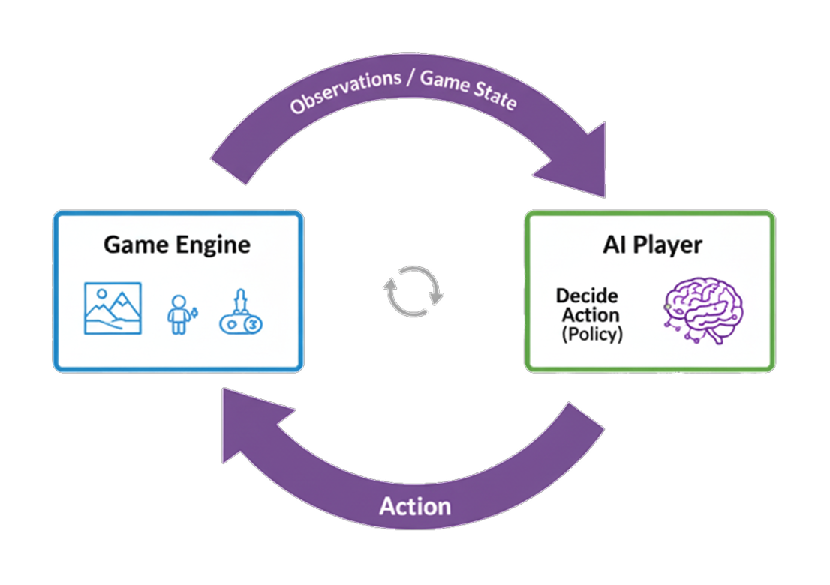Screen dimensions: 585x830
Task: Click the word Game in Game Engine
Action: [134, 245]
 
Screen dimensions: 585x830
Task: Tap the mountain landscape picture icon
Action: [113, 307]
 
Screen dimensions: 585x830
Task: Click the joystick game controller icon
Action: [243, 312]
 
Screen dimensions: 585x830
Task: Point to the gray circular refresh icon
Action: [414, 290]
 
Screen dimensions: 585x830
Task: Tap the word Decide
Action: [587, 295]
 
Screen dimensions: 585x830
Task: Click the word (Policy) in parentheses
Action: [592, 334]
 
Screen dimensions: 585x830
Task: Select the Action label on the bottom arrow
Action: [415, 506]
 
